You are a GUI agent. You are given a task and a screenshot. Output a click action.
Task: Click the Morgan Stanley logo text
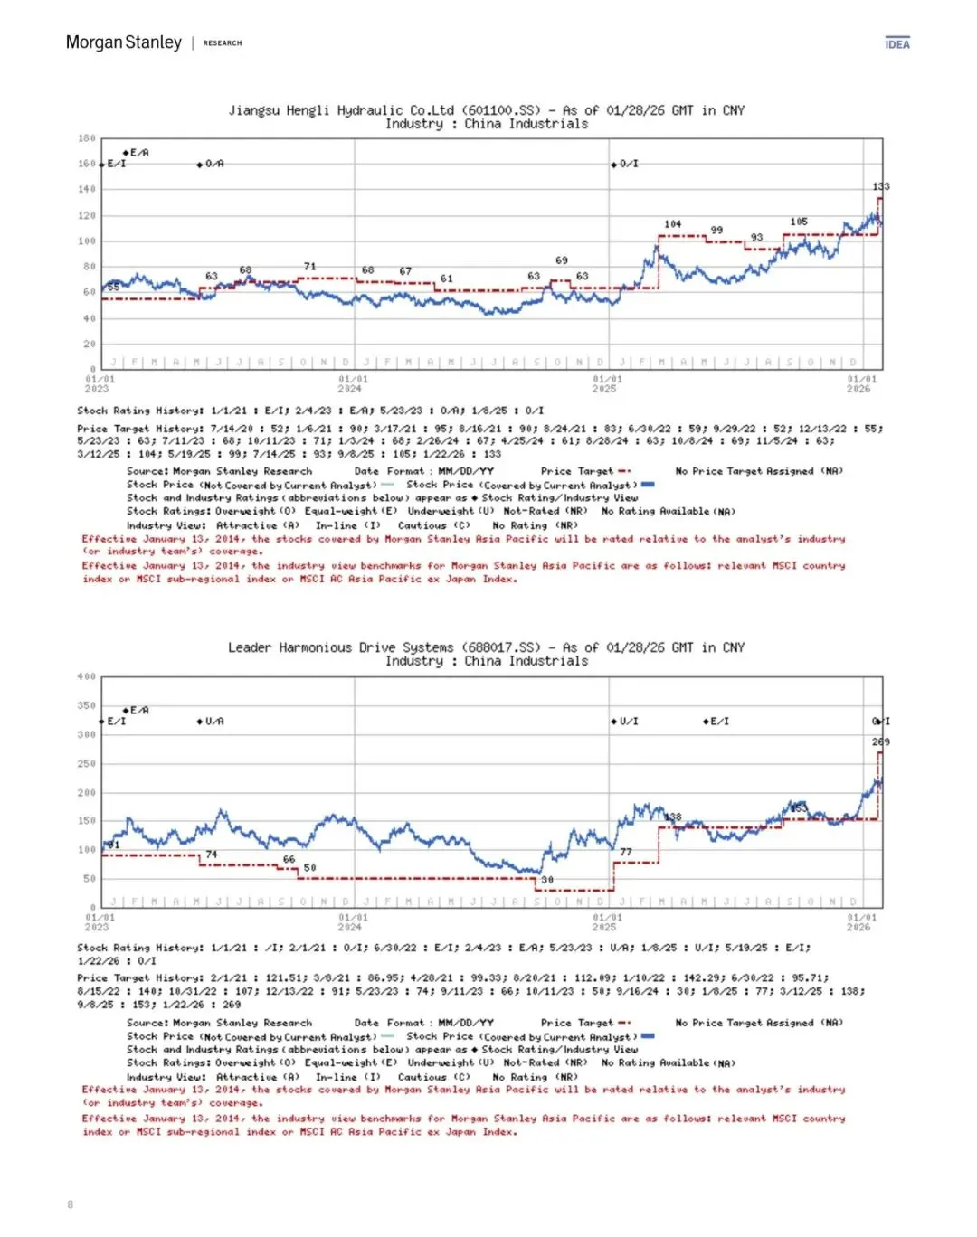(123, 42)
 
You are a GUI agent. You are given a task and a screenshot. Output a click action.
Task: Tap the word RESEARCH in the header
(223, 43)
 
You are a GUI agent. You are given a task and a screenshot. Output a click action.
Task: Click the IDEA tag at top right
(897, 44)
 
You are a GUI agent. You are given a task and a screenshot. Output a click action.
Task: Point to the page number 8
(71, 1204)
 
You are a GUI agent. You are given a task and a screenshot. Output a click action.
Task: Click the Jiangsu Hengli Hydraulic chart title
(486, 110)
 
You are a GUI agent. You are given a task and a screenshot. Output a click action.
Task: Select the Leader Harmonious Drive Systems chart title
(486, 647)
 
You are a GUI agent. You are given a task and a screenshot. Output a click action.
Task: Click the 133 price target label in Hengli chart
(881, 186)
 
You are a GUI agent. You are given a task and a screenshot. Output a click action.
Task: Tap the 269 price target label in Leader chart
(881, 741)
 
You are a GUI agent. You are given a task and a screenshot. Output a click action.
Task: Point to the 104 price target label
(673, 224)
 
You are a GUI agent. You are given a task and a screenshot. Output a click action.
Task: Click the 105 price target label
(799, 222)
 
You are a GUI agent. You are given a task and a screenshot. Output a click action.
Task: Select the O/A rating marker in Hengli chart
(212, 164)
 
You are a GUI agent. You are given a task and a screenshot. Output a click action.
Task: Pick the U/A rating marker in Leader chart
(212, 722)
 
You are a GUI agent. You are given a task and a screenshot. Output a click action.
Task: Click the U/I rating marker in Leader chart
(626, 722)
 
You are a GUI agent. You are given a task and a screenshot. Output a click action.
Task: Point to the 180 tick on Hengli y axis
(87, 138)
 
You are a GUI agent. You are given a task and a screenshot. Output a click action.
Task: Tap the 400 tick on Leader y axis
(87, 676)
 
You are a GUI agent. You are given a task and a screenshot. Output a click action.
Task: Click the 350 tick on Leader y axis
(87, 705)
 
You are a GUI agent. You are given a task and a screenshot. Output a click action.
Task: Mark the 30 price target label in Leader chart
(547, 880)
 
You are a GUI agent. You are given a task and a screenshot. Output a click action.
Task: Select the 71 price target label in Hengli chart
(310, 267)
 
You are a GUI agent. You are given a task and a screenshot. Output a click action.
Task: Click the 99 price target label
(716, 231)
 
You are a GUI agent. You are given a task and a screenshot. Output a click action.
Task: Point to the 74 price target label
(212, 855)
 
